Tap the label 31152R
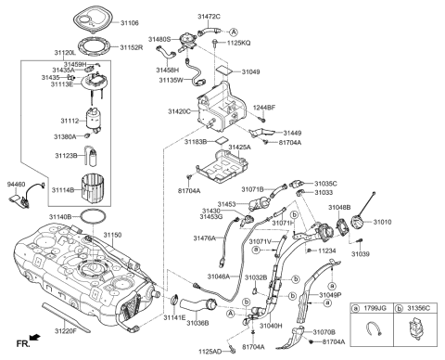tap(131, 46)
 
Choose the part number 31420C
tap(181, 111)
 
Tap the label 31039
tap(361, 253)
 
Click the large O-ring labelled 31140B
tap(114, 216)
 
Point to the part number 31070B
tap(324, 331)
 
